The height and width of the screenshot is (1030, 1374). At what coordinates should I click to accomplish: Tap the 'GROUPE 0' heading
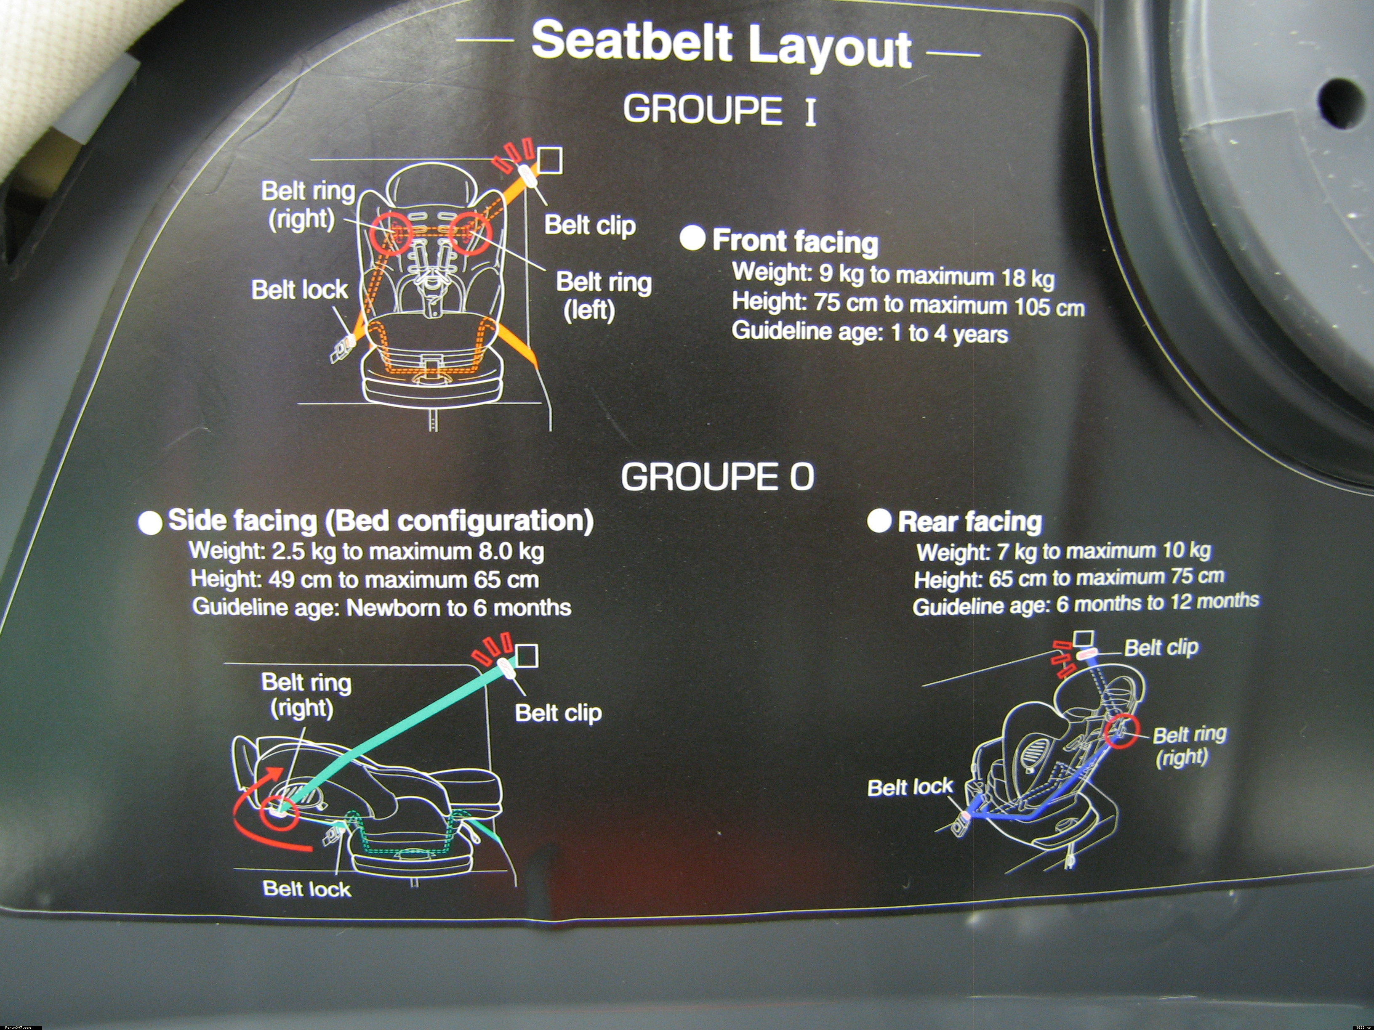(717, 477)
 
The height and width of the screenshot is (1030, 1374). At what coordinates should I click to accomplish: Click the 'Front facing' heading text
(795, 241)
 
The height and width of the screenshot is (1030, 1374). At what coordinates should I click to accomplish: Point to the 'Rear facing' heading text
(969, 521)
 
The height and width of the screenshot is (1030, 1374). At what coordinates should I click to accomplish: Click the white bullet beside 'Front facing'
(692, 238)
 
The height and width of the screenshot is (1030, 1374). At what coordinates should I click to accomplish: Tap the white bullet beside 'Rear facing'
(879, 520)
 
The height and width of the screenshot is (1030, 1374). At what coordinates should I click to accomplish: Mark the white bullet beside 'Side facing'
(150, 522)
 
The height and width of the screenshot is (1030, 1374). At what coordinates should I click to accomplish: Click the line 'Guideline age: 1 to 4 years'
(870, 332)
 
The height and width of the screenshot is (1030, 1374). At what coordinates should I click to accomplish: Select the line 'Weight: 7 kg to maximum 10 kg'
(1063, 551)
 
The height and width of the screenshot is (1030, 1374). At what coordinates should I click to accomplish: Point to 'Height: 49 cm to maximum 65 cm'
(365, 579)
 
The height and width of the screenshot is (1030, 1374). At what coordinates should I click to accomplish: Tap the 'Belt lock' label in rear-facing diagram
(909, 787)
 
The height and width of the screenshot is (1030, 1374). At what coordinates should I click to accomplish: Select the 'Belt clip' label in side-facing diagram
(558, 713)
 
